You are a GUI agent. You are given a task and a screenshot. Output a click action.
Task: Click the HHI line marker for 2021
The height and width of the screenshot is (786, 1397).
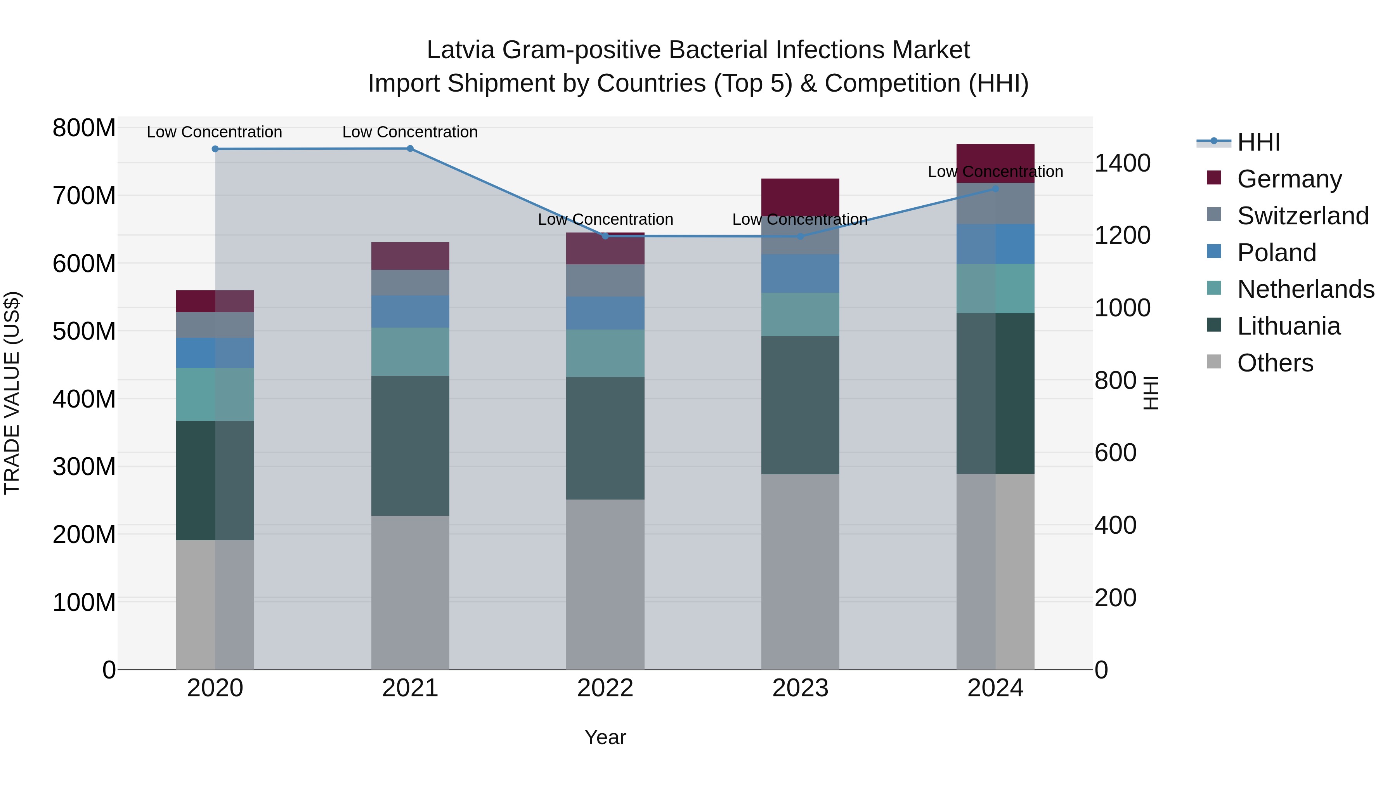click(x=410, y=149)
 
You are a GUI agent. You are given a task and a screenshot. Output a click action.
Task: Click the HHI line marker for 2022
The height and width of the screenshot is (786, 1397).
click(x=605, y=236)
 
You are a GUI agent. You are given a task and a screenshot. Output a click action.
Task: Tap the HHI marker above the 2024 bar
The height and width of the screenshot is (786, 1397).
click(x=995, y=189)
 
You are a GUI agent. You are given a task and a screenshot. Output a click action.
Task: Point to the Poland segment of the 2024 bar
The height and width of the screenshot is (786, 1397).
click(x=995, y=244)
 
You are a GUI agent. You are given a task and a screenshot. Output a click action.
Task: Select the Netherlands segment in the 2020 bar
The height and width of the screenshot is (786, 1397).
click(x=215, y=394)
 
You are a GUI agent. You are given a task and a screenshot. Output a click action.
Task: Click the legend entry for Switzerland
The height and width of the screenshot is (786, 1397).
click(x=1303, y=216)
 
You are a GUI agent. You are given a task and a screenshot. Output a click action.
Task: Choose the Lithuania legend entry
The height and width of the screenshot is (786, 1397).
click(x=1288, y=326)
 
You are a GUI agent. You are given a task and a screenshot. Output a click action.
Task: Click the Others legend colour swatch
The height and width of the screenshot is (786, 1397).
click(x=1214, y=362)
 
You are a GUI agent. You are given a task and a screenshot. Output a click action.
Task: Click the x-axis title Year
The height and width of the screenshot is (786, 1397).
click(x=605, y=737)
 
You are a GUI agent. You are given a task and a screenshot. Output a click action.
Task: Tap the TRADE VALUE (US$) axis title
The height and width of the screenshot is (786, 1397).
click(x=12, y=393)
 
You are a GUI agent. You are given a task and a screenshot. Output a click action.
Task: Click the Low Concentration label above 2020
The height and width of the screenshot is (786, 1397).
click(x=214, y=132)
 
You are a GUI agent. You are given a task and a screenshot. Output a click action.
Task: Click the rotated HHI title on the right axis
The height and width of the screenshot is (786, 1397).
click(x=1150, y=393)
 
